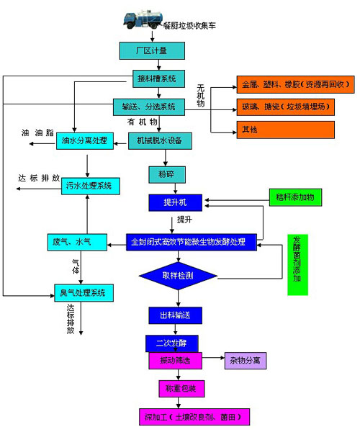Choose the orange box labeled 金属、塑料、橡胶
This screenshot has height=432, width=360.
tap(286, 84)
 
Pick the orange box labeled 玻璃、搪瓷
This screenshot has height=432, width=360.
tap(286, 107)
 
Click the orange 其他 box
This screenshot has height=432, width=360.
tap(286, 130)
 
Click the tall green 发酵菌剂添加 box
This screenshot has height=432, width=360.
tap(297, 264)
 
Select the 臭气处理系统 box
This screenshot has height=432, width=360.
tap(84, 292)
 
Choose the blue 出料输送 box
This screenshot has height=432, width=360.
tap(175, 315)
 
